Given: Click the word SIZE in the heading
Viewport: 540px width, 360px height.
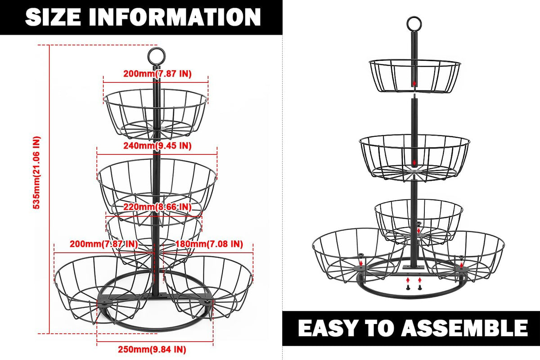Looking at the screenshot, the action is coord(53,17).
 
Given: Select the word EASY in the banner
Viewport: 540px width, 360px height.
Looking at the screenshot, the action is coord(327,328).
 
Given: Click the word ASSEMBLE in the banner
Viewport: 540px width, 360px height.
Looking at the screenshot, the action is coord(464,328).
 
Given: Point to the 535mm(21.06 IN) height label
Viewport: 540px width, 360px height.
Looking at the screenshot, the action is coord(36,173).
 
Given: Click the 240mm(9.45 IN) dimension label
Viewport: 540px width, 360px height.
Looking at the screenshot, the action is coord(157,146).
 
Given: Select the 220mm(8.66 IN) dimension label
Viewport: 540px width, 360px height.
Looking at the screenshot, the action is coord(157,207).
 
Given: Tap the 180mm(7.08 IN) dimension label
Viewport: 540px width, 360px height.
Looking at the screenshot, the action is coord(209,244).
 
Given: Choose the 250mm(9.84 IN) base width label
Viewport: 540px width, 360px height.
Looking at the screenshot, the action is coord(152,349).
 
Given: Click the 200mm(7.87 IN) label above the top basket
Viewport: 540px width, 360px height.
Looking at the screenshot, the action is coord(157,73).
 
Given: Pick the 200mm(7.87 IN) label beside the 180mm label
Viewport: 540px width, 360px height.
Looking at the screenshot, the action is coord(103,244).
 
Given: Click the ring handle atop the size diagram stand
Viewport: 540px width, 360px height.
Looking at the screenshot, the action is coord(157,49).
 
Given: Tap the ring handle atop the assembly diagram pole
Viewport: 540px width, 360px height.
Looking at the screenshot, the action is coord(414,17).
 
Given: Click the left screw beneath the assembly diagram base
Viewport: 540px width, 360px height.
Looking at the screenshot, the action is coord(408,287).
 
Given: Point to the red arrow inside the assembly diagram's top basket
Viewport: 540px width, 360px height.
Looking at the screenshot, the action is coord(414,83).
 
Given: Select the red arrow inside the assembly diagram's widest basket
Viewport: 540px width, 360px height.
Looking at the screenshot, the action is coord(414,162).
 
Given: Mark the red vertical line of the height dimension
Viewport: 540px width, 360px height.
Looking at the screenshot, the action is coord(49,189).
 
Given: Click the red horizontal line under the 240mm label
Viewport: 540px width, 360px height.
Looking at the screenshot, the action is coord(157,154).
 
